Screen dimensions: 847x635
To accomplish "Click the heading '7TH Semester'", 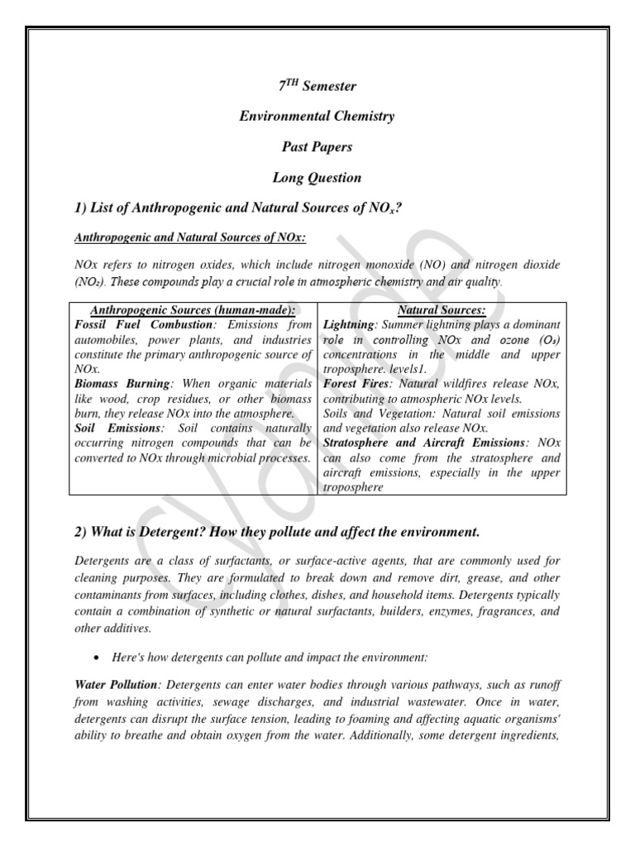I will click(x=317, y=86).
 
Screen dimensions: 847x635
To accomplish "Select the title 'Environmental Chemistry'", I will click(x=317, y=116).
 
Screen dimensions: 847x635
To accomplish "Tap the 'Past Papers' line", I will click(x=317, y=146).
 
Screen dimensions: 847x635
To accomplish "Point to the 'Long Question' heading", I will click(x=317, y=177).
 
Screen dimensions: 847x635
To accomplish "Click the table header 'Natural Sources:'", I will click(x=442, y=310).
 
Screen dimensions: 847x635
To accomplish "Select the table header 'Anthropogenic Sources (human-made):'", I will click(x=192, y=310).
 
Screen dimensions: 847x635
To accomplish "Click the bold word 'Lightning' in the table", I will click(x=349, y=325).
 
